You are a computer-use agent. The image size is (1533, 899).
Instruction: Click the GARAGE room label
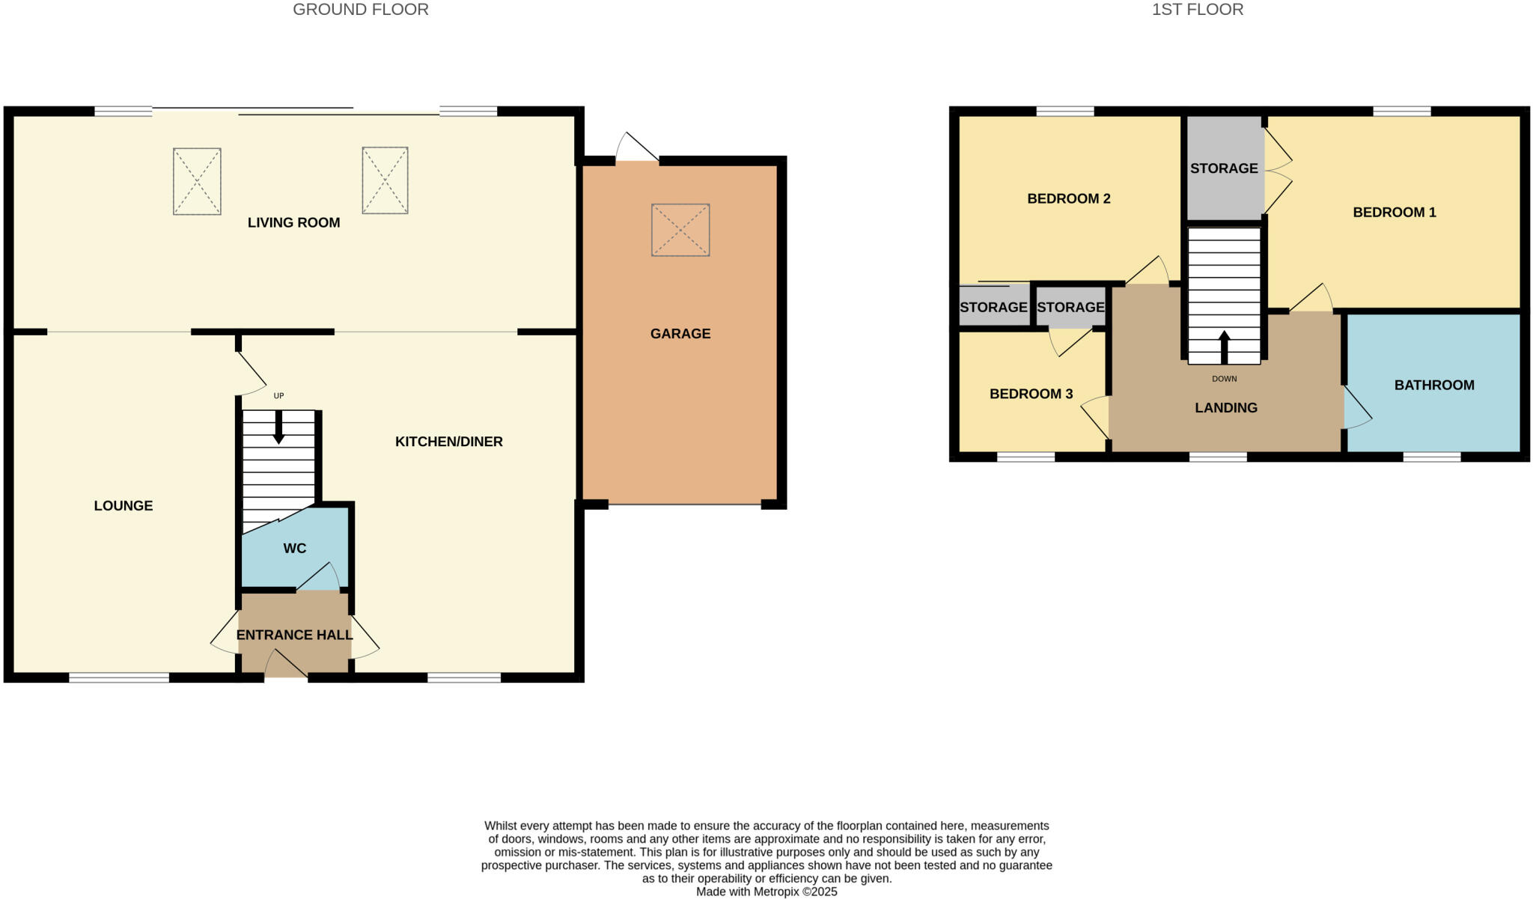[x=680, y=334]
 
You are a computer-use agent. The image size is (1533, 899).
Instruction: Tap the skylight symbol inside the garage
[x=680, y=230]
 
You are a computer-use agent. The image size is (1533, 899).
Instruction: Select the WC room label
[x=295, y=549]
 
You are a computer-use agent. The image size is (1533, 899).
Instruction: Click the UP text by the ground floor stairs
[x=278, y=396]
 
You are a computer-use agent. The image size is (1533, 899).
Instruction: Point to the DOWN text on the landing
[x=1224, y=379]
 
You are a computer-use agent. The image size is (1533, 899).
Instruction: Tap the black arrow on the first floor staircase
[x=1224, y=347]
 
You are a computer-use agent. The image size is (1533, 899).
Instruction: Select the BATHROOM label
[x=1433, y=385]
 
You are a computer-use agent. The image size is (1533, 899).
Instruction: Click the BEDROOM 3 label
[x=1031, y=394]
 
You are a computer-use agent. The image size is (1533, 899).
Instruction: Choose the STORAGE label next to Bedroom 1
[x=1224, y=168]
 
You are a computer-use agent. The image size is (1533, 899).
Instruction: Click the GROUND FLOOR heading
[x=360, y=10]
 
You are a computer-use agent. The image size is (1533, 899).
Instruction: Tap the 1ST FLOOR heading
[x=1197, y=10]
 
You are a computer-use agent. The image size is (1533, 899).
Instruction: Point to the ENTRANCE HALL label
[x=294, y=636]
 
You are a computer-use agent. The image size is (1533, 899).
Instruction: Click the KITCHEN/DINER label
[x=448, y=442]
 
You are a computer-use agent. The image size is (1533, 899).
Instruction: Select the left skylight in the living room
[x=197, y=181]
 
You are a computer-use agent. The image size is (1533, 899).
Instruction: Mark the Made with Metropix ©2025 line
[x=766, y=892]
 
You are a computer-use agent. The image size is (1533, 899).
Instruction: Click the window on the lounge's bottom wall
[x=119, y=678]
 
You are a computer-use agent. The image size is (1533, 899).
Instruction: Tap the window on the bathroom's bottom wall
[x=1430, y=457]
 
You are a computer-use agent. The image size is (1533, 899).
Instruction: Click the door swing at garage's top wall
[x=636, y=147]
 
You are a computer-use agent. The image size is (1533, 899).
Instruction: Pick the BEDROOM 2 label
[x=1068, y=198]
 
